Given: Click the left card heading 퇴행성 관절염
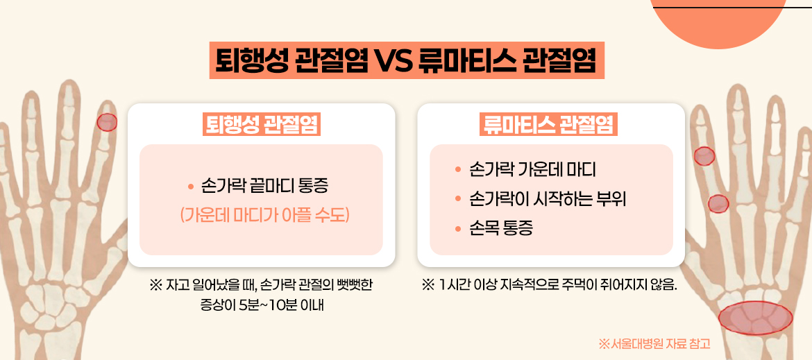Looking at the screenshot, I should click(261, 124).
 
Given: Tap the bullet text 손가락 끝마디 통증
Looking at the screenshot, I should click(264, 187).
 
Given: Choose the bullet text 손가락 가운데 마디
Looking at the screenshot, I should click(532, 170).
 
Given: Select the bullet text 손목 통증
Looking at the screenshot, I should click(501, 229).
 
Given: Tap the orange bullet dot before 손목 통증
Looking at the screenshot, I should click(457, 229).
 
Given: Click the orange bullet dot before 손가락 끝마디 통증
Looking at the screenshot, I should click(190, 187).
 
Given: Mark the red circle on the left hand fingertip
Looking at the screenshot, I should click(107, 123).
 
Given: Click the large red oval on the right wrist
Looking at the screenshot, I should click(755, 318).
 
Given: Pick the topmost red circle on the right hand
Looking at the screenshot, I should click(704, 156).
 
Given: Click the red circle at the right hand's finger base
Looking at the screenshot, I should click(718, 203).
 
